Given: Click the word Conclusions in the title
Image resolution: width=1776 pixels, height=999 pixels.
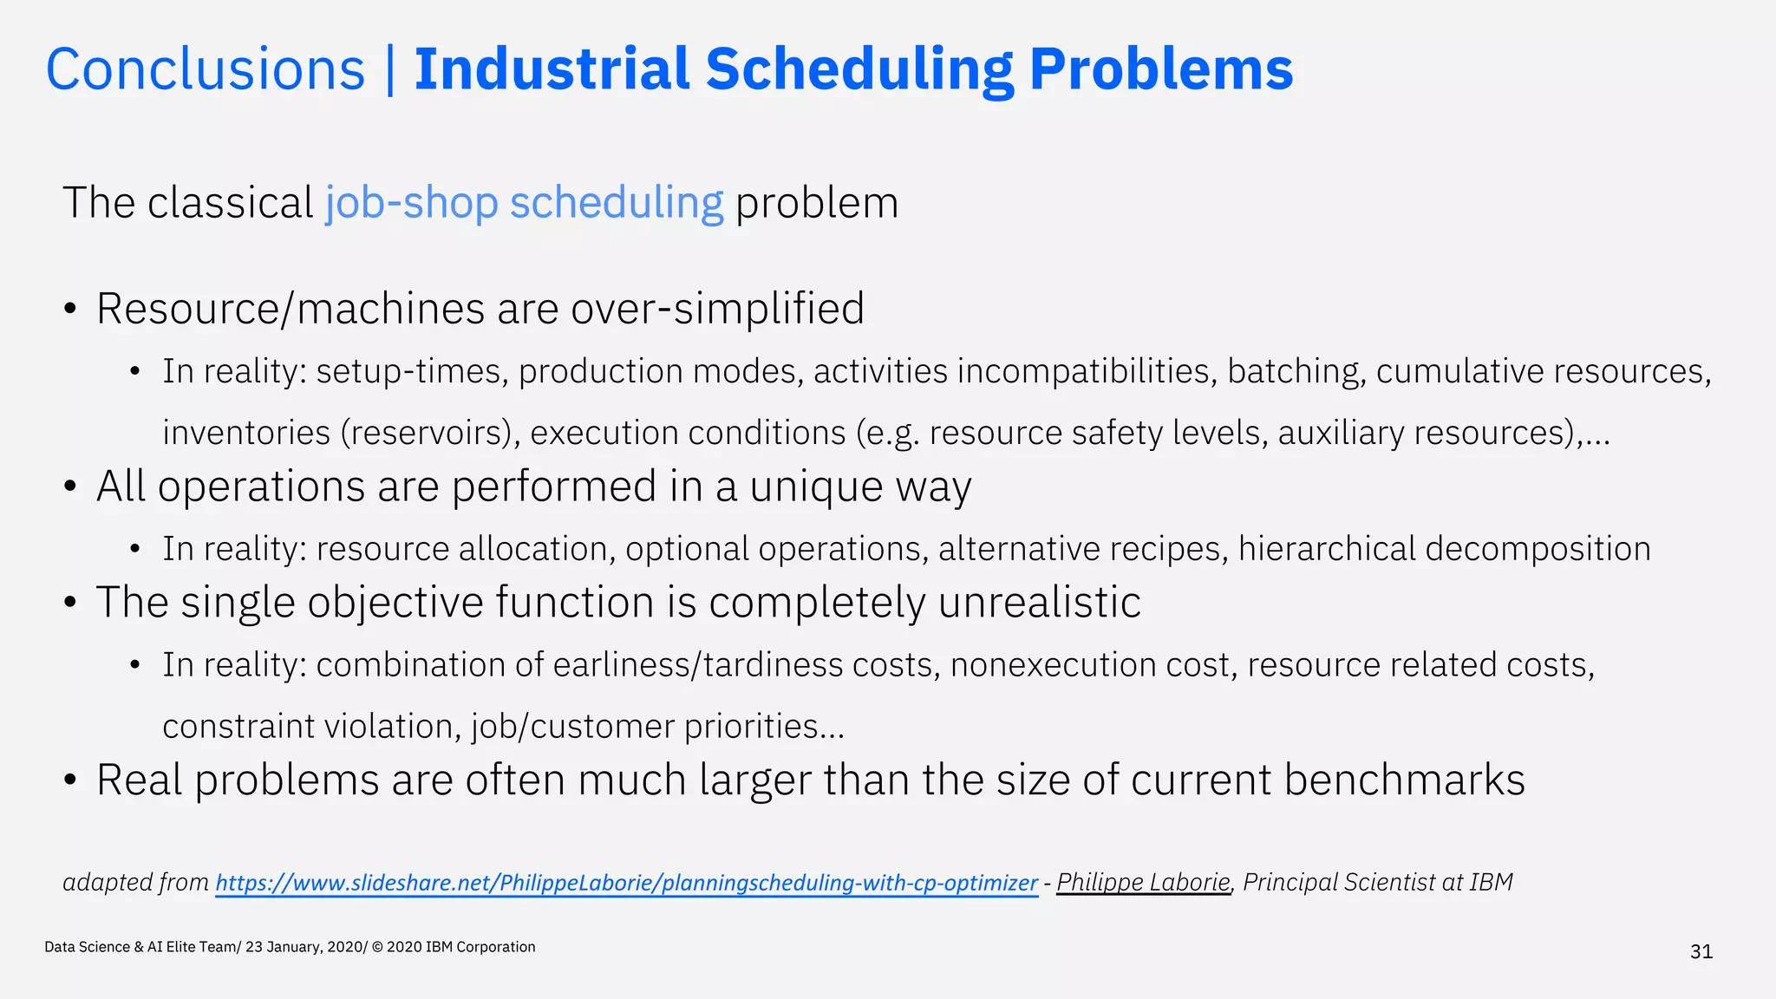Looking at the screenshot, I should pos(206,69).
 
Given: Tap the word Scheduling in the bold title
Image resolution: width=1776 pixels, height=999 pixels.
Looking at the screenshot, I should pos(859,69).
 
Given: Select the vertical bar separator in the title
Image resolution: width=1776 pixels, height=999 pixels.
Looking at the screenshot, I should pos(389,69).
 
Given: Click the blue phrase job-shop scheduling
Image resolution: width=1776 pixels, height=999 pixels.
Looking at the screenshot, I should pos(524,203).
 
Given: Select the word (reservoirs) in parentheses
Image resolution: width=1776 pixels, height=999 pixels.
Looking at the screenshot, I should pos(430,433).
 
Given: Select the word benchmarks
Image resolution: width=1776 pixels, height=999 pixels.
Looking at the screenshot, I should pos(1404,780).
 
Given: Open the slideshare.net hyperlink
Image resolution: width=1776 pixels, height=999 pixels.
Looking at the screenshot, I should pos(626,883).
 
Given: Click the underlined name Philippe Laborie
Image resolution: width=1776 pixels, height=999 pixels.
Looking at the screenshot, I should pos(1143,882).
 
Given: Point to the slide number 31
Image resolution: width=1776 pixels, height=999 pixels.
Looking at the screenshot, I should pos(1701,952).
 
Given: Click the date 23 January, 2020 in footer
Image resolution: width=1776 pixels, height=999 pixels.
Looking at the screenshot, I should pos(304,947).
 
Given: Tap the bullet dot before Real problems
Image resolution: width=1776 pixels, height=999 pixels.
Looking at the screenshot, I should pos(71,780).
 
